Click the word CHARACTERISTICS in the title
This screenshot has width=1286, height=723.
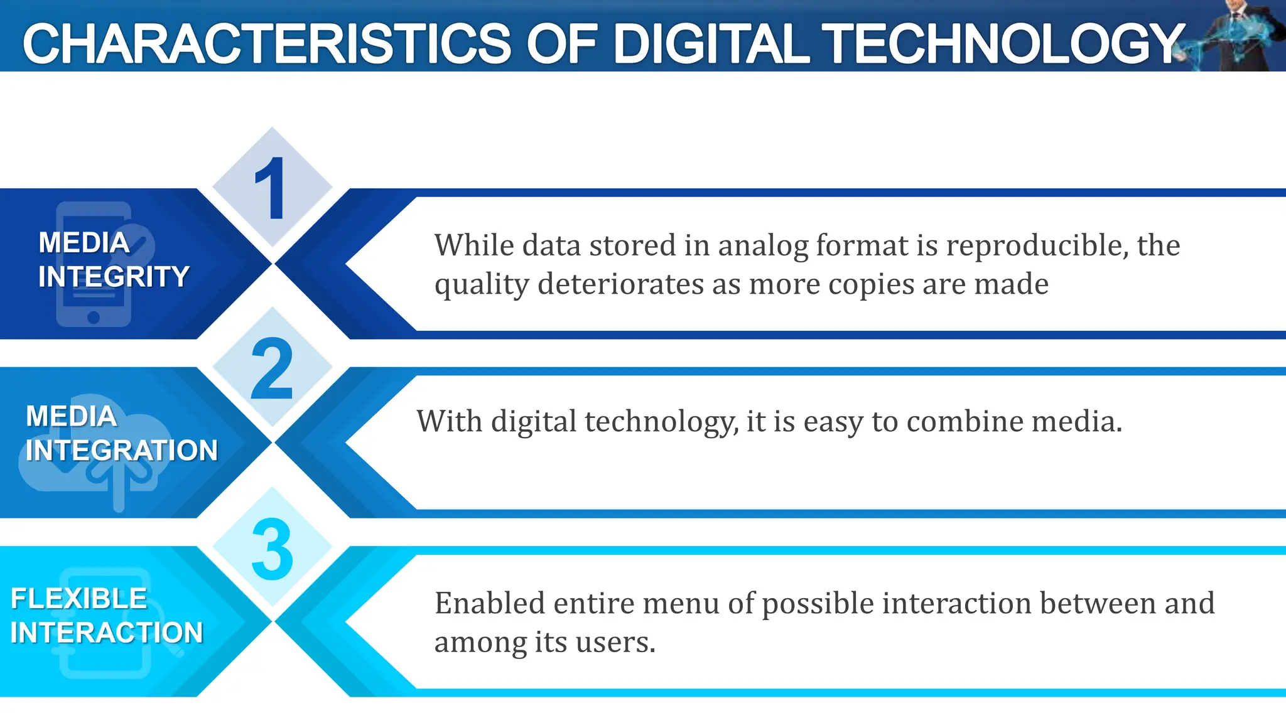[267, 44]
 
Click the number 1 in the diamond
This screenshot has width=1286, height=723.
[271, 188]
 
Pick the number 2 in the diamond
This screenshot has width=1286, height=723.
[272, 369]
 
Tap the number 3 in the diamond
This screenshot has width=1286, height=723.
[272, 549]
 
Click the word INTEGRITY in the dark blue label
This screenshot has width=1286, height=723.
[114, 277]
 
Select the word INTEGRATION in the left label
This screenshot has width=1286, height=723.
[122, 451]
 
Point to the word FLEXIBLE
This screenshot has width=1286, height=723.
[78, 599]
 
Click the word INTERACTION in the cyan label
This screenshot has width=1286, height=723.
[107, 633]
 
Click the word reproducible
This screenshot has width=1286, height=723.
[1034, 245]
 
